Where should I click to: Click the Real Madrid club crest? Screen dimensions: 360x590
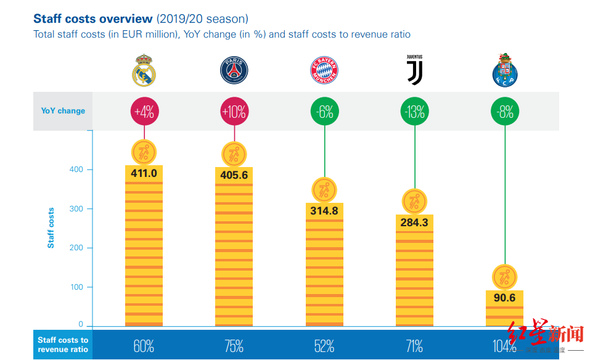[x=144, y=70]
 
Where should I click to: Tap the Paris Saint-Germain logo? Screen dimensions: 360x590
[x=234, y=70]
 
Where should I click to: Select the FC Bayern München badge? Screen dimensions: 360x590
[x=324, y=71]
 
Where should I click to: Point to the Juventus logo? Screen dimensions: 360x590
[x=414, y=70]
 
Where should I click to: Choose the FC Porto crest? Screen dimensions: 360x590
[x=505, y=70]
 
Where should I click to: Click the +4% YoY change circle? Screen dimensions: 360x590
[x=144, y=112]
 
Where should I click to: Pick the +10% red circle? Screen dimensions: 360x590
[x=234, y=112]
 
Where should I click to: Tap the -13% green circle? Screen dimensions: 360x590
[x=414, y=112]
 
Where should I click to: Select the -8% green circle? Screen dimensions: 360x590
[x=505, y=112]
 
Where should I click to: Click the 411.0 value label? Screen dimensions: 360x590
[x=144, y=173]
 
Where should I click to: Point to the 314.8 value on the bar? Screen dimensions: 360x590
[x=324, y=211]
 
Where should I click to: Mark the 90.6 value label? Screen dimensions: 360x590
[x=505, y=298]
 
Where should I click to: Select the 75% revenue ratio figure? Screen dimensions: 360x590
[x=234, y=346]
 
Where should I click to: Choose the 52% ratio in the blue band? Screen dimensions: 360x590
[x=324, y=346]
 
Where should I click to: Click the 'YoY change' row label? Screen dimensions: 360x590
[x=63, y=111]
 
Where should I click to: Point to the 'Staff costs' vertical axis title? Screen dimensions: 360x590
[x=51, y=228]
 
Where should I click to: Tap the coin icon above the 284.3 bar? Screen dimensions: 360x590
[x=414, y=202]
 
